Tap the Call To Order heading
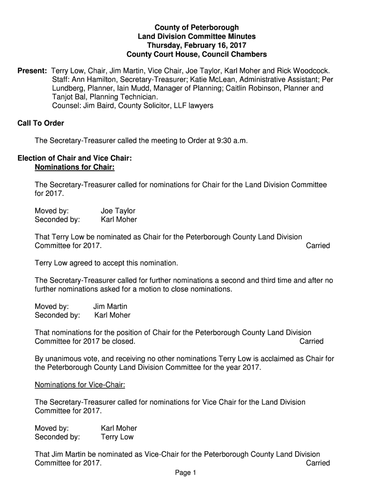[41, 123]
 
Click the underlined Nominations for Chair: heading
[75, 168]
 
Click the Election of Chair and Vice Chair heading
[75, 159]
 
